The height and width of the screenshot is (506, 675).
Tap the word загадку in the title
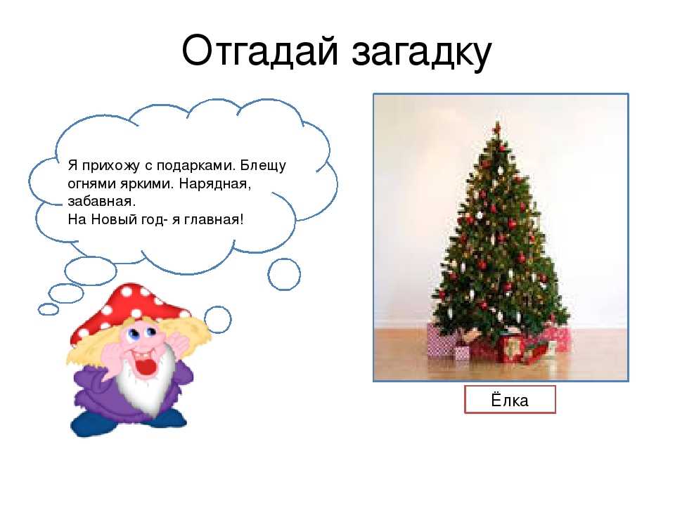[x=421, y=53]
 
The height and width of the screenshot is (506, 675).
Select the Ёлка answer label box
[x=510, y=400]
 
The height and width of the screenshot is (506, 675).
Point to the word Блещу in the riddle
[x=263, y=166]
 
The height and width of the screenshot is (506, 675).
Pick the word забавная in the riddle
[x=101, y=202]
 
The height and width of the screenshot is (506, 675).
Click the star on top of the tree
[x=498, y=127]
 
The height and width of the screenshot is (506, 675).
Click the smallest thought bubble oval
[x=49, y=309]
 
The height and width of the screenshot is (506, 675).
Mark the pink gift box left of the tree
[x=440, y=340]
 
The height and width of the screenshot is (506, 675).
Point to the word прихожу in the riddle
[x=110, y=166]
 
